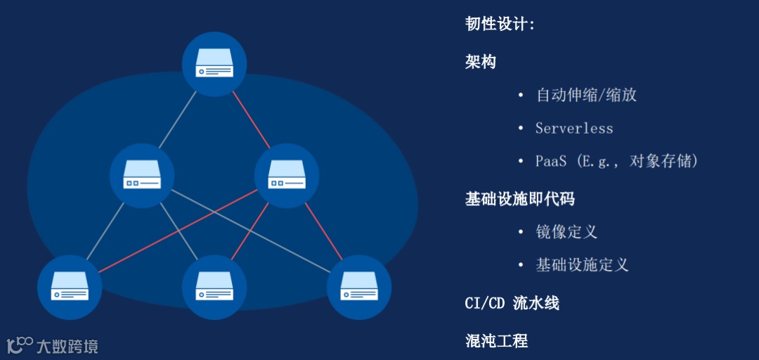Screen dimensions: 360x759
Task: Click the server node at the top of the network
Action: point(214,65)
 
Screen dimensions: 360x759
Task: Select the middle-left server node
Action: point(142,175)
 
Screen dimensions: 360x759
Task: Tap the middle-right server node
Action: point(286,175)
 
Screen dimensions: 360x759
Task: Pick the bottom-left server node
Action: point(70,287)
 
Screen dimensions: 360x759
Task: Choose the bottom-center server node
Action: point(214,287)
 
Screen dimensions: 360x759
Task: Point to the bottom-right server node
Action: point(358,287)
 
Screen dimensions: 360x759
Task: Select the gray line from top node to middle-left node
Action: point(178,120)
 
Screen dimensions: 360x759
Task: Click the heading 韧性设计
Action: point(500,25)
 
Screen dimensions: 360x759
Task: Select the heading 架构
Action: point(481,62)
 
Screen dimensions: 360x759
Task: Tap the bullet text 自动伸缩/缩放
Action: point(586,95)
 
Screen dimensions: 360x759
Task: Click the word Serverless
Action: point(574,129)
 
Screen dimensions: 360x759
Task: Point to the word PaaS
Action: point(550,162)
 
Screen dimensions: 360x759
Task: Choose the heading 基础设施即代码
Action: point(519,199)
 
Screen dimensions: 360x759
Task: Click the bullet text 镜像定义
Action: point(566,232)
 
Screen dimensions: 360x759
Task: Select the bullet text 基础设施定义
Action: point(582,265)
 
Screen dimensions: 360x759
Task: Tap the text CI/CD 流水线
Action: point(512,303)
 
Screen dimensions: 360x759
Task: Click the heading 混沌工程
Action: point(496,341)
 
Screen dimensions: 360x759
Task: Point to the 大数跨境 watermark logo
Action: point(53,345)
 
